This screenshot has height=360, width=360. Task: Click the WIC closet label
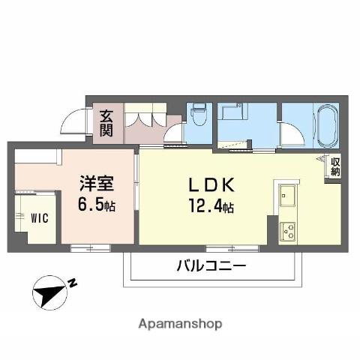[39, 218]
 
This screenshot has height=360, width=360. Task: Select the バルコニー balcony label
[211, 266]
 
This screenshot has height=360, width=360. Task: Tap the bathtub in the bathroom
[327, 125]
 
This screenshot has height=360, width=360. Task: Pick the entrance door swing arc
[73, 121]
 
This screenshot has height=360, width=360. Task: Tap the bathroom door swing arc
[291, 135]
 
